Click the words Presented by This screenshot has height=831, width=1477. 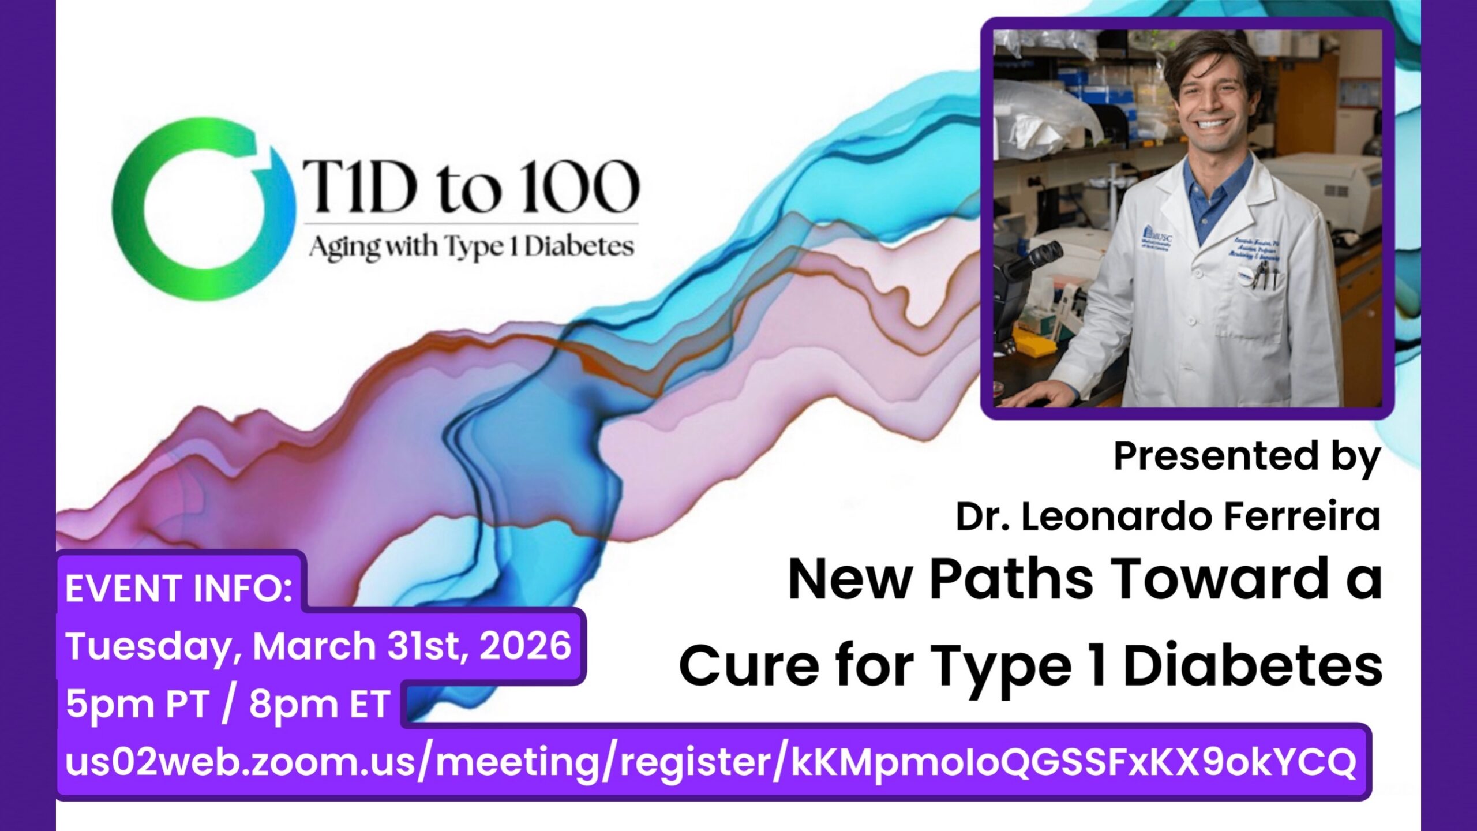click(x=1246, y=456)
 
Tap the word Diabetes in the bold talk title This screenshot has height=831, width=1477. click(x=1252, y=665)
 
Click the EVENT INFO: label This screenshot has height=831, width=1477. click(x=179, y=589)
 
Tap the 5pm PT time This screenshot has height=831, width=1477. click(x=137, y=704)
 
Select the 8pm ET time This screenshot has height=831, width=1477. click(x=319, y=704)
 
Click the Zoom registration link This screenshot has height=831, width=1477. click(x=710, y=762)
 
